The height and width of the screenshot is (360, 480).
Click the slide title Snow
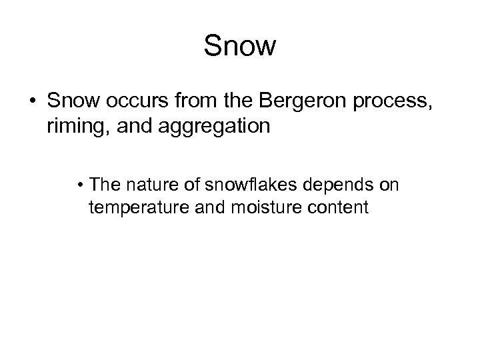[x=239, y=46]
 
